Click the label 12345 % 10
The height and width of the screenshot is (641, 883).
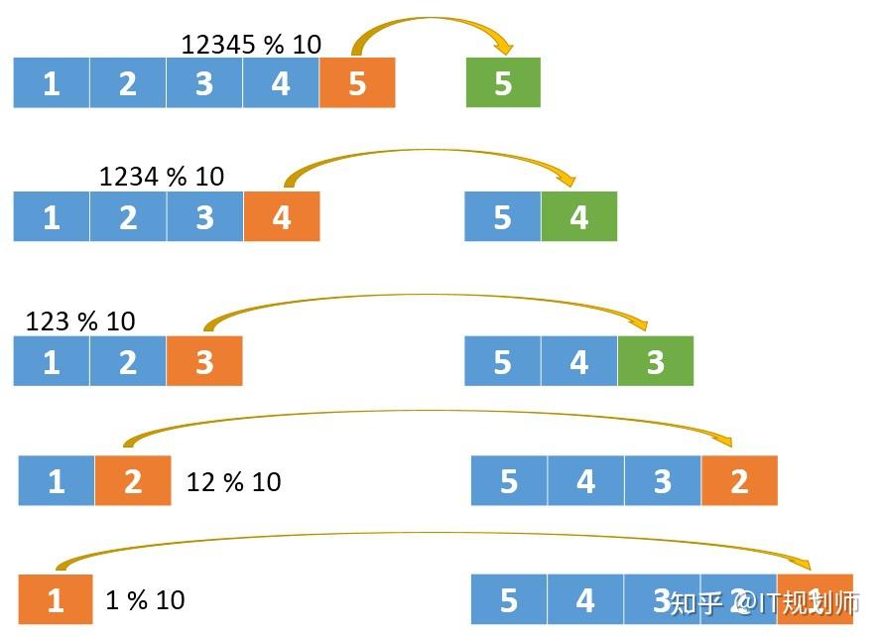coord(251,44)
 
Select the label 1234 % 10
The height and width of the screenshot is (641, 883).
coord(162,177)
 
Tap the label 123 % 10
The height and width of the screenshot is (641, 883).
coord(80,321)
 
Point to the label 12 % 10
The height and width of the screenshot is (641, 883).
coord(233,482)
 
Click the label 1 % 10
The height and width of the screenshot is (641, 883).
coord(145,600)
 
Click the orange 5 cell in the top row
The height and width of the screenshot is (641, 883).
coord(357,83)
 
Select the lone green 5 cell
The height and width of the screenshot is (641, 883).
coord(503,83)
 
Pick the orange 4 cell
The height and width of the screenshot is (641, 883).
coord(282,216)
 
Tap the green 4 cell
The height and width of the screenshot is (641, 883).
coord(579,216)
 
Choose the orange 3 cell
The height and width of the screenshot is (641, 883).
coord(204,361)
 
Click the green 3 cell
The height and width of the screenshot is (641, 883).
coord(656,361)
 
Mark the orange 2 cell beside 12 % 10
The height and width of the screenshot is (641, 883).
coord(133,481)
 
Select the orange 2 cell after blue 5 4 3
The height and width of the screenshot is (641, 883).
coord(739,481)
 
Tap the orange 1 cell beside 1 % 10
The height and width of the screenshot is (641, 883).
coord(56,600)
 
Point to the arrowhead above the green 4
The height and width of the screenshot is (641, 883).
coord(568,180)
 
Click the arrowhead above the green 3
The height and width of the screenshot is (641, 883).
coord(640,323)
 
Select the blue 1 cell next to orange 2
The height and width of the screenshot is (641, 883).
coord(57,481)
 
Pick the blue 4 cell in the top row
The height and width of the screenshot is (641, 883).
coord(281,83)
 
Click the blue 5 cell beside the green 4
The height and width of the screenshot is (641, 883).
coord(503,216)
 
